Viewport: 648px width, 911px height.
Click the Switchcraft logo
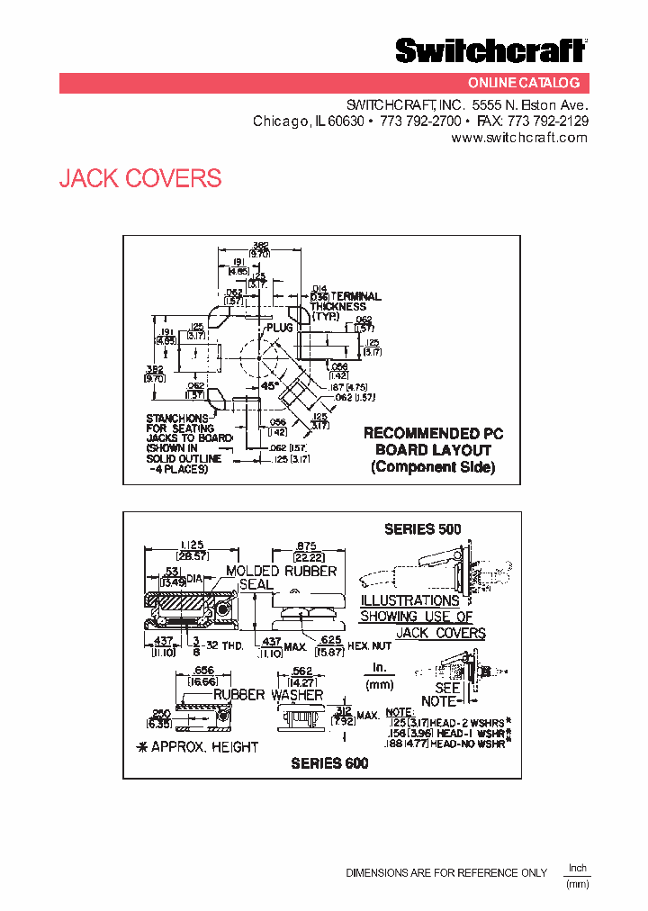click(x=491, y=51)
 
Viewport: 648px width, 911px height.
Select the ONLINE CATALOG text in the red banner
click(x=533, y=83)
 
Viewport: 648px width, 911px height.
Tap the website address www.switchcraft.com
click(x=518, y=138)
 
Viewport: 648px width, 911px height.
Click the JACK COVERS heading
click(x=140, y=178)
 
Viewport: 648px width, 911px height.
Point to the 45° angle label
click(x=268, y=385)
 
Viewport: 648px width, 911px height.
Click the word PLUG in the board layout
click(x=280, y=328)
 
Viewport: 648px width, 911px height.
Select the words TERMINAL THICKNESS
click(x=346, y=302)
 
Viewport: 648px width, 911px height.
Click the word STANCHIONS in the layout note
click(x=176, y=418)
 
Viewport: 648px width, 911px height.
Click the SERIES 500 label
click(x=422, y=529)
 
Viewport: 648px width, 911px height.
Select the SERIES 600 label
click(x=329, y=762)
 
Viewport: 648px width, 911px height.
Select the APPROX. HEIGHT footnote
click(x=195, y=746)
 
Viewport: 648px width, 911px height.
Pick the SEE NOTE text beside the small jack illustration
click(x=439, y=694)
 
